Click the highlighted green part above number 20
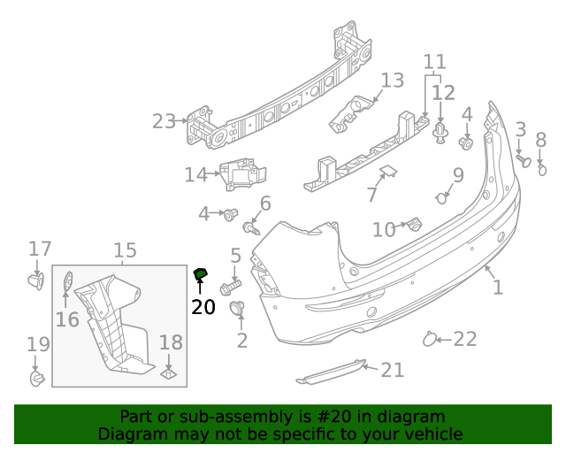coord(200,274)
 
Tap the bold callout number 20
coord(203,307)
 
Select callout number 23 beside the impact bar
coord(164,121)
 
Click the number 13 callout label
coord(392,81)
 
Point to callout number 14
coord(195,174)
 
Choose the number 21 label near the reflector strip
coord(392,370)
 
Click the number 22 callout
coord(465,339)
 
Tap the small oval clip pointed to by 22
coord(430,338)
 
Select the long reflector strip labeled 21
coord(331,372)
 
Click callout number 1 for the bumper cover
coord(498,287)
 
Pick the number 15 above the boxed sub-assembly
coord(125,250)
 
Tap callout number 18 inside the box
coord(171,342)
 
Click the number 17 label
coord(41,249)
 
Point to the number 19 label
coord(38,343)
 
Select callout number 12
coord(443,93)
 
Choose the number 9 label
coord(458,175)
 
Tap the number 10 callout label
coord(384,230)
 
